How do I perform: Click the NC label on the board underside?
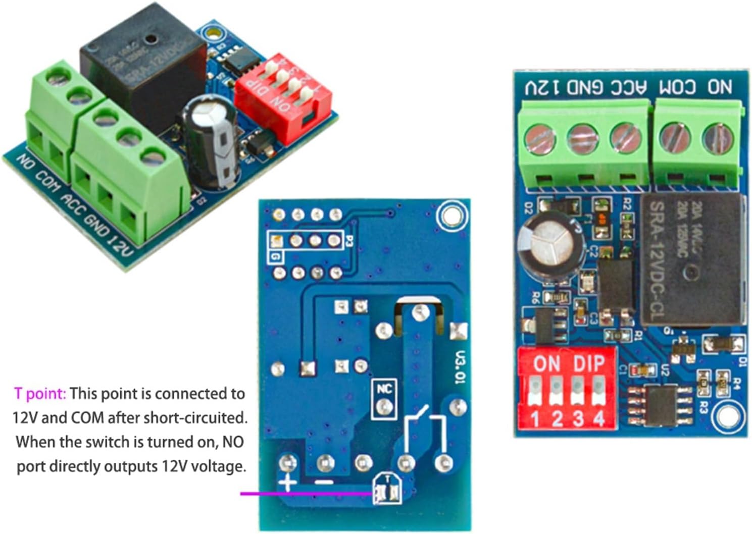tap(384, 389)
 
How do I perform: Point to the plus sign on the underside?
tap(287, 483)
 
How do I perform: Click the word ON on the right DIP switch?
tap(546, 363)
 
